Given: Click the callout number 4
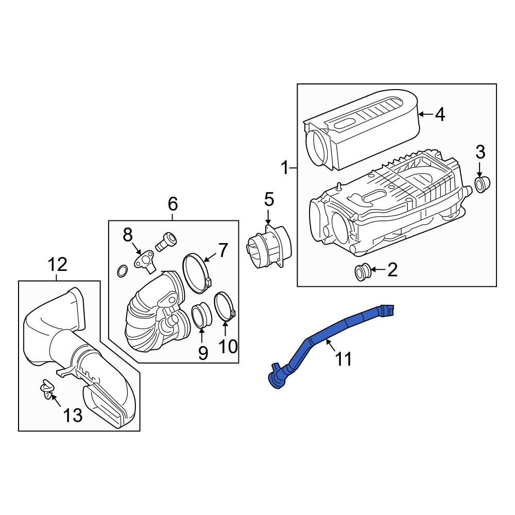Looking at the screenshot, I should [439, 114].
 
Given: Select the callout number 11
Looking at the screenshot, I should [344, 358].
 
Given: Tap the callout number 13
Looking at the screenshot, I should [73, 415].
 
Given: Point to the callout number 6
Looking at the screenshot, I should [173, 204].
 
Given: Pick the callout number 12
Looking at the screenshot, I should [57, 265].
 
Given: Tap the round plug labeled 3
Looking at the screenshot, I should [482, 184].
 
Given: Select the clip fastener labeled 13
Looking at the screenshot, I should [47, 389].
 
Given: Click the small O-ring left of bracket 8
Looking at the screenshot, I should [123, 270].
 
